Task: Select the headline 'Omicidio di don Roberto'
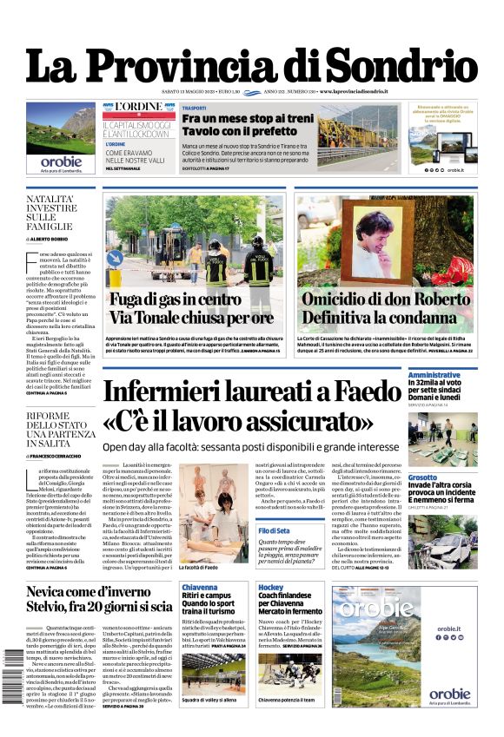(387, 300)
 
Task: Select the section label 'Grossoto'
(423, 477)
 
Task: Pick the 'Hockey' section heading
(270, 588)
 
